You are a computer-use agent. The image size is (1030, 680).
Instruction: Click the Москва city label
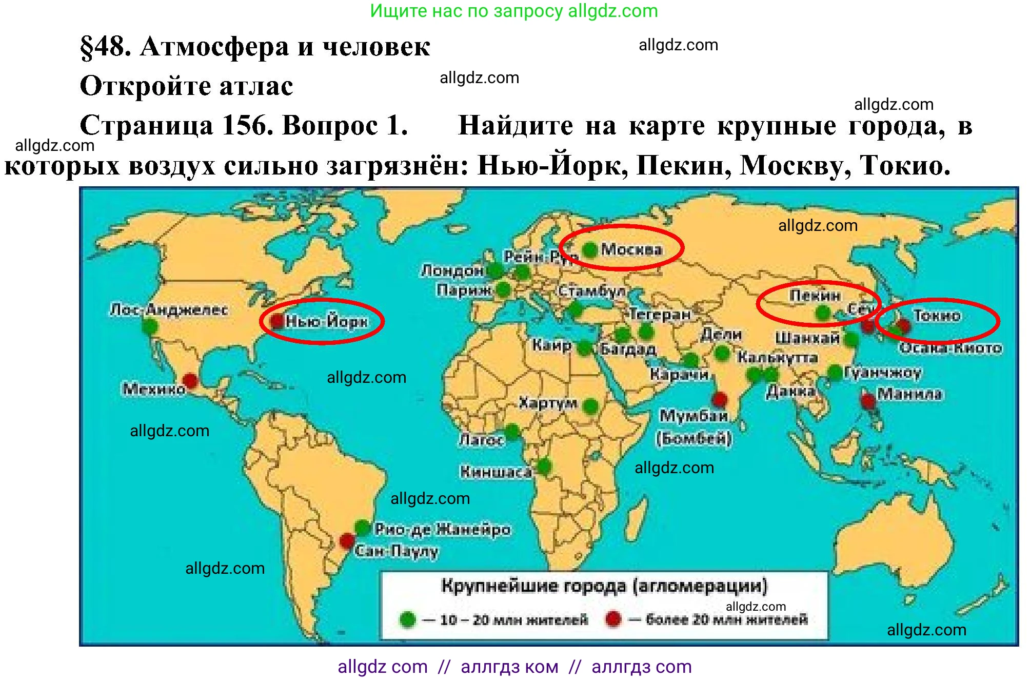pyautogui.click(x=631, y=249)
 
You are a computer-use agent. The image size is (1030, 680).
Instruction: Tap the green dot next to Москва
pyautogui.click(x=590, y=249)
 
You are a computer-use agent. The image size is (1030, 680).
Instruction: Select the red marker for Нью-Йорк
pyautogui.click(x=277, y=321)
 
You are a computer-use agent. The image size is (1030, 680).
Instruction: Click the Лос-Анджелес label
pyautogui.click(x=169, y=309)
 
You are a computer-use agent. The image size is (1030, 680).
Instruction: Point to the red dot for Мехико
pyautogui.click(x=190, y=381)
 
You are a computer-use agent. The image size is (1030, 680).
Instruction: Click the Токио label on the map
pyautogui.click(x=937, y=316)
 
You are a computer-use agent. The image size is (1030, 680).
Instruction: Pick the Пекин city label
pyautogui.click(x=815, y=296)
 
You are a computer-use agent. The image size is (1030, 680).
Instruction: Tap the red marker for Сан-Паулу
pyautogui.click(x=347, y=540)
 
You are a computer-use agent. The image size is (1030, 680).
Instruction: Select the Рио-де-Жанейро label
pyautogui.click(x=443, y=529)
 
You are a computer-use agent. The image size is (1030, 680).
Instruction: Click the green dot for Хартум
pyautogui.click(x=591, y=406)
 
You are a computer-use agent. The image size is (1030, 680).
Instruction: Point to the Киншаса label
pyautogui.click(x=496, y=472)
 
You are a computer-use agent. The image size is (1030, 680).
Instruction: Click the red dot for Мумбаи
pyautogui.click(x=720, y=399)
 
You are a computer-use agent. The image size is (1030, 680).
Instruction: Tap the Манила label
pyautogui.click(x=909, y=394)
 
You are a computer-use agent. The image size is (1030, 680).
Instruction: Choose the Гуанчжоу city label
pyautogui.click(x=883, y=372)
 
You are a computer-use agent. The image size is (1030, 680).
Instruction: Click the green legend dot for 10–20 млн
pyautogui.click(x=408, y=619)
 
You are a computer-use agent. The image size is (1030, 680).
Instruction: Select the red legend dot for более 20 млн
pyautogui.click(x=613, y=619)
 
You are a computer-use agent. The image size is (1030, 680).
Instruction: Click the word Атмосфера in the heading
pyautogui.click(x=214, y=47)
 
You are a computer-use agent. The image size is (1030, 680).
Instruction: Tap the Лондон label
pyautogui.click(x=452, y=270)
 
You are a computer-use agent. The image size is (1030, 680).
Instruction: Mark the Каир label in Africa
pyautogui.click(x=551, y=344)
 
